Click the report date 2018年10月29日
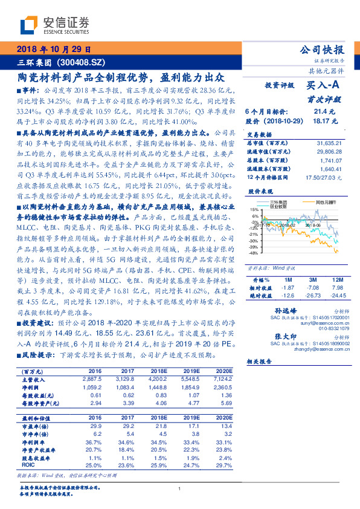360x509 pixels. pos(54,50)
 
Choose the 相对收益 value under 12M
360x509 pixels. pos(337,288)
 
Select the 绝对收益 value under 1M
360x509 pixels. pos(288,296)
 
